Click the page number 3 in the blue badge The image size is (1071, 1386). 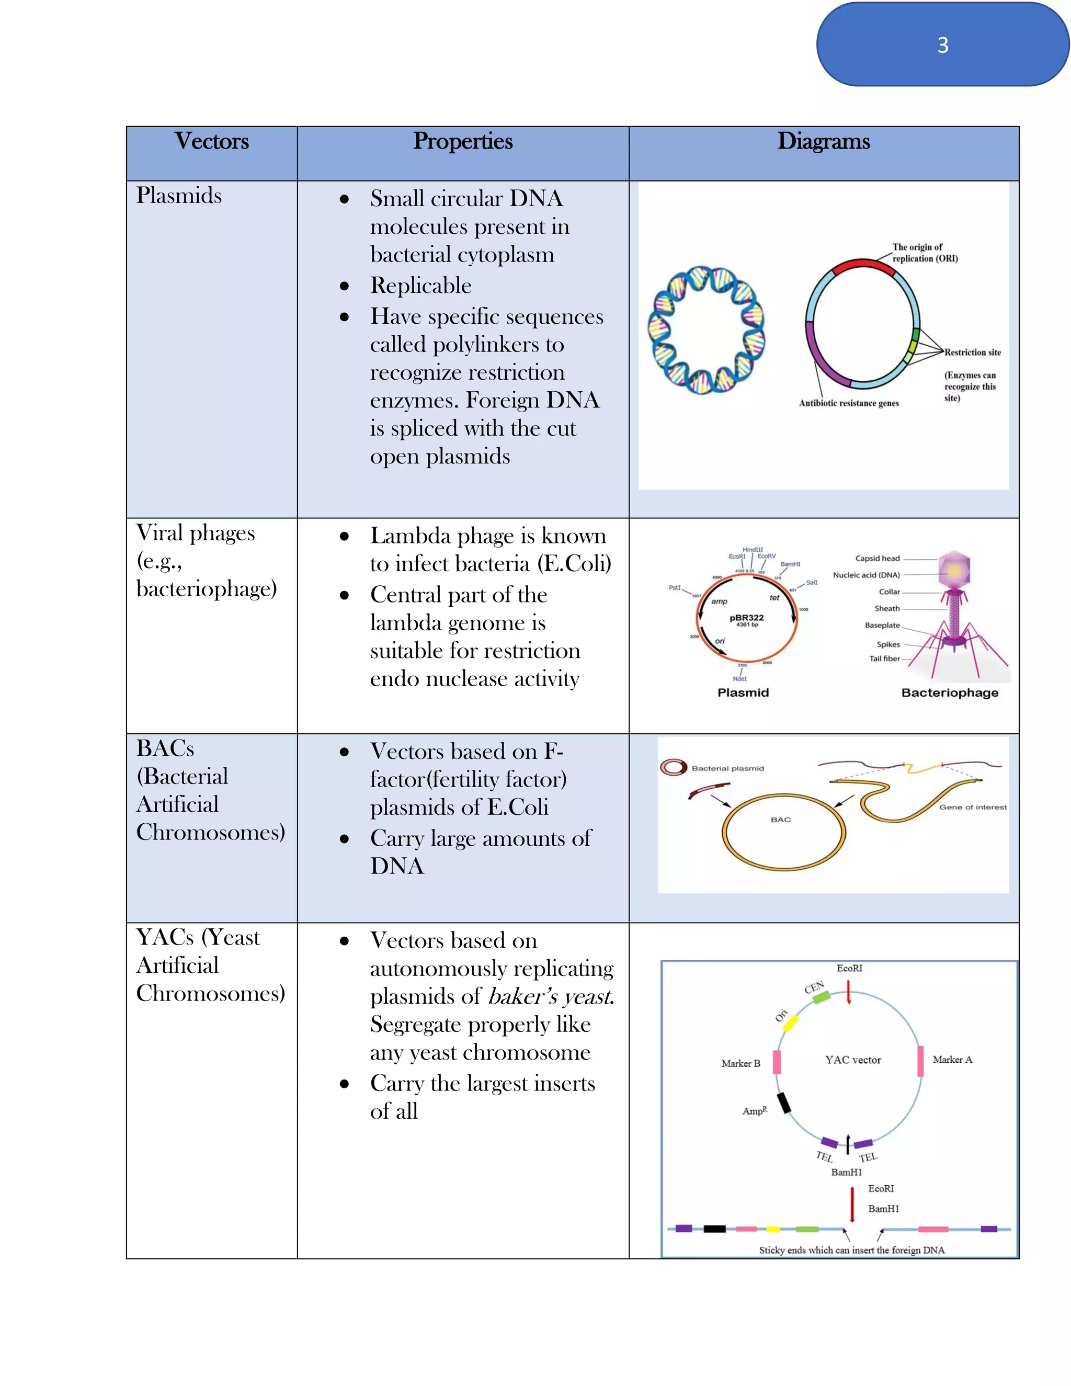pos(942,45)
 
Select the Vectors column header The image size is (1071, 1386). pos(211,141)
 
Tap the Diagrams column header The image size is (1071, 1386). pos(824,141)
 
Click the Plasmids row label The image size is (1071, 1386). pos(179,196)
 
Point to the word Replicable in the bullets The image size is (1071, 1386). pos(420,286)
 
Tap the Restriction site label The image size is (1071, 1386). pos(972,352)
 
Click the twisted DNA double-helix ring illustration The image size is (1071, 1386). pos(706,330)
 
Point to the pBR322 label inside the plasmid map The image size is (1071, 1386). pos(746,618)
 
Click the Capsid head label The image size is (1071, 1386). pos(877,559)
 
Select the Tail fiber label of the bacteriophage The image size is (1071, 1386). pos(884,658)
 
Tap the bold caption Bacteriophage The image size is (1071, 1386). pos(949,693)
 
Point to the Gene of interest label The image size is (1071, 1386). pos(972,807)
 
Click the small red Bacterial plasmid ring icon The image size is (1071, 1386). pos(673,768)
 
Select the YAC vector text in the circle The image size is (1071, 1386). pos(853,1060)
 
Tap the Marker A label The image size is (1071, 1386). pos(952,1060)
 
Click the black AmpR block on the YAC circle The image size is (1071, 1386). pos(784,1103)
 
